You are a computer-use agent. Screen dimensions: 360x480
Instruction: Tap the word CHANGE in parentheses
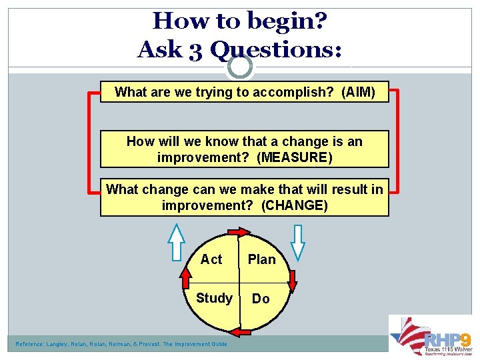294,205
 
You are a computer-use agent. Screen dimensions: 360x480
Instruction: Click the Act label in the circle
211,259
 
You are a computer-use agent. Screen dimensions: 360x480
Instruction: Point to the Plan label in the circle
261,259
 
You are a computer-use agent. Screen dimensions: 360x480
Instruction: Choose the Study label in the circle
214,298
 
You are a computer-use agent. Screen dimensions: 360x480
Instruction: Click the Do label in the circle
261,299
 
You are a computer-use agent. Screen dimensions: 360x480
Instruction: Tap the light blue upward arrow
176,242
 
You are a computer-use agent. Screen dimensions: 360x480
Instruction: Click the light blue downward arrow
298,242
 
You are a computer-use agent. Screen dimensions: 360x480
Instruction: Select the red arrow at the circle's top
237,232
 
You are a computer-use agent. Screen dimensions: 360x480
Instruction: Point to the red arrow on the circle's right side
292,281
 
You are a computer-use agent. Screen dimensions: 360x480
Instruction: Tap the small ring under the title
239,67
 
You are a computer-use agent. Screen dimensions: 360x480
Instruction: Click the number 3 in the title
194,49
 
